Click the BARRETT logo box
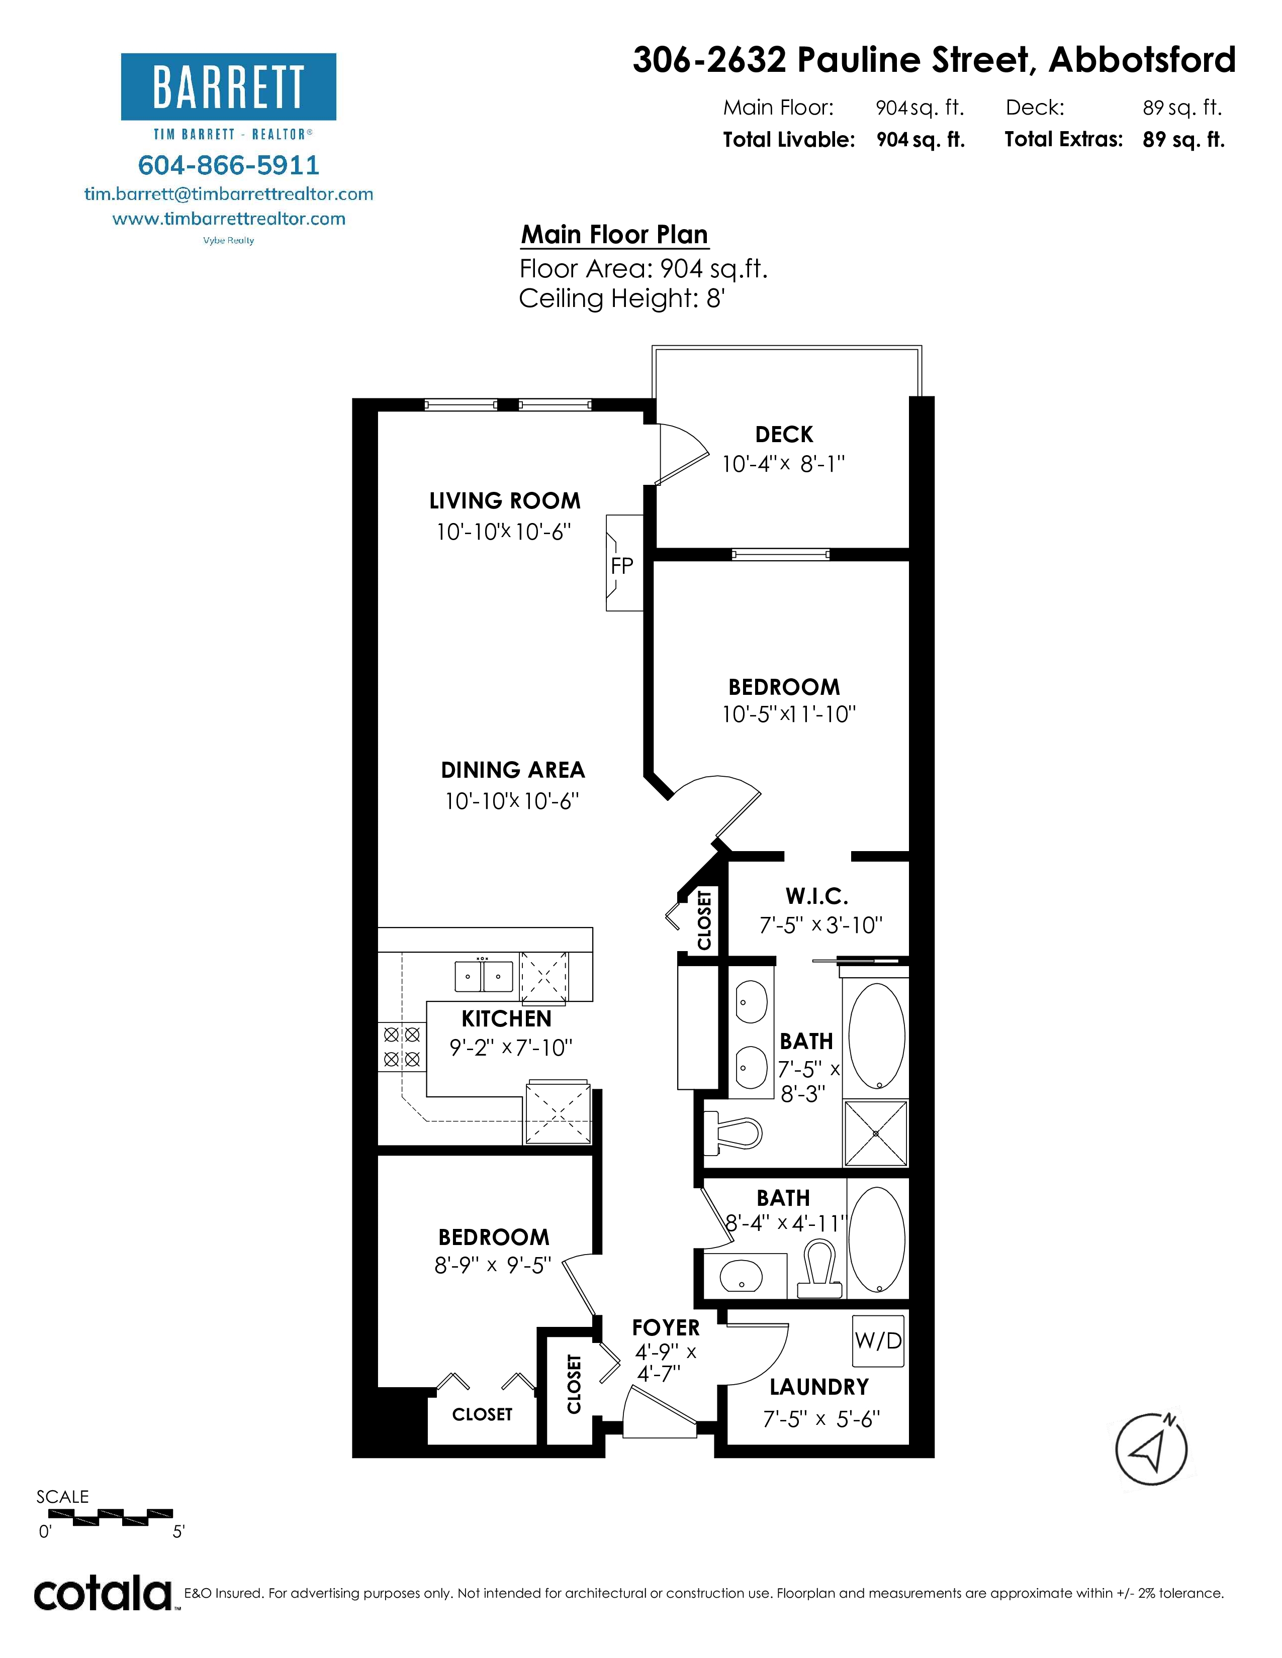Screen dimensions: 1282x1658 coord(229,86)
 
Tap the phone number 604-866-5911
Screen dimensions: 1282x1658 coord(229,165)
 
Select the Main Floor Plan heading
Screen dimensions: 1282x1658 coord(614,235)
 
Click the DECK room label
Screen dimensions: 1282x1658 coord(784,434)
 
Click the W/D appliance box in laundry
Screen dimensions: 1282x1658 coord(878,1340)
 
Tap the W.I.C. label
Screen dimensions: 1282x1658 coord(816,896)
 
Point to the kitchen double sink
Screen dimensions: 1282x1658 coord(484,976)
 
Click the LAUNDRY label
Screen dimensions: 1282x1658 coord(818,1387)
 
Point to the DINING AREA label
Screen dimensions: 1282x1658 coord(513,770)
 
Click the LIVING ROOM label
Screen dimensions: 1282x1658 coord(504,501)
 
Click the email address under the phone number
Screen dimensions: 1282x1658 coord(229,193)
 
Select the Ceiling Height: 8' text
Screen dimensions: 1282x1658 coord(622,298)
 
